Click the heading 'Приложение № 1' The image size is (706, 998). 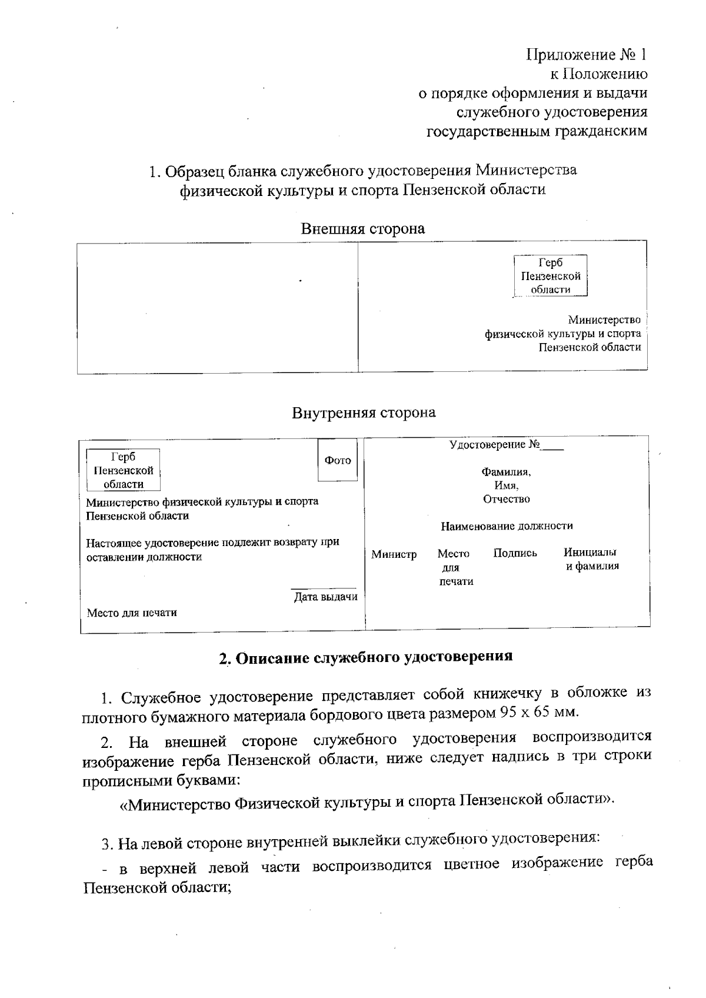(586, 55)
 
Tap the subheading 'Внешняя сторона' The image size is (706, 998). (362, 228)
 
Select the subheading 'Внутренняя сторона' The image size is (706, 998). (364, 412)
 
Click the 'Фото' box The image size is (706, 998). (338, 460)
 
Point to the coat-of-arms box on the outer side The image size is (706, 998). (550, 275)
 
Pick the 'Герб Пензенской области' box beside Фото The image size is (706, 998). (124, 470)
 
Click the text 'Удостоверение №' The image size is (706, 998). (494, 445)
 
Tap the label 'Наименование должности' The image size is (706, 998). (507, 526)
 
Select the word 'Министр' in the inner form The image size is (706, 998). (394, 554)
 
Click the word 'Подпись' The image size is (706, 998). (515, 553)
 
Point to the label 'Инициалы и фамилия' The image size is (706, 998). (591, 559)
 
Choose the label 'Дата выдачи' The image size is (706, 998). (325, 597)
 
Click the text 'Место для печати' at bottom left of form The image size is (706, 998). (132, 613)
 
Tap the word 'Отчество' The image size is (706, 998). (506, 499)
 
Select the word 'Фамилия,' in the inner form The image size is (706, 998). (506, 472)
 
